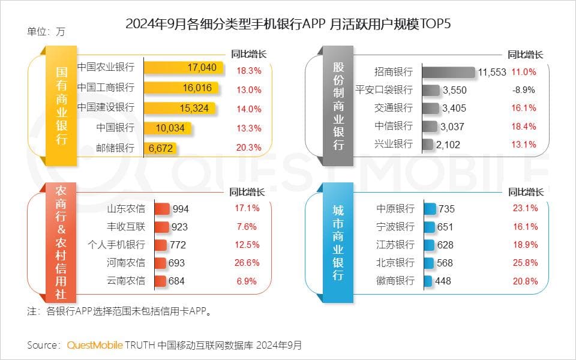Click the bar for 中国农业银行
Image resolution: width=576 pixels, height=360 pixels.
pos(183,68)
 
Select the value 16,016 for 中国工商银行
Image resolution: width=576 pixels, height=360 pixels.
pos(197,88)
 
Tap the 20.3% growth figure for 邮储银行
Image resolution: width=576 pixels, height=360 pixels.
pos(249,148)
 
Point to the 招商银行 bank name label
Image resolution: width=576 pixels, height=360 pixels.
pos(394,72)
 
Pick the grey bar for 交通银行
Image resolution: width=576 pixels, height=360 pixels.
pos(430,109)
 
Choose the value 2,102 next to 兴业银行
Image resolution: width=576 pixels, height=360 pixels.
pos(448,145)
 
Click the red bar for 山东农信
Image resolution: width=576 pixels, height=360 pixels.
pos(162,209)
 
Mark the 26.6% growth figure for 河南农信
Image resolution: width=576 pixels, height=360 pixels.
pos(247,263)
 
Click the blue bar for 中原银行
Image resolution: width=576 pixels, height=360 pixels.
pos(430,209)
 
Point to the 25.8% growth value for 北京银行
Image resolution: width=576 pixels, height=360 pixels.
pos(526,263)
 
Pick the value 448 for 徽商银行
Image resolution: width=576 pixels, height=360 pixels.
pos(443,281)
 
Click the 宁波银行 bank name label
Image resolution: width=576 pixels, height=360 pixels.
pos(395,227)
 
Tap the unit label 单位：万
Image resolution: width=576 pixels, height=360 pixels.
pos(46,32)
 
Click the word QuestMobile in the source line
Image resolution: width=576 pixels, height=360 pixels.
pos(95,345)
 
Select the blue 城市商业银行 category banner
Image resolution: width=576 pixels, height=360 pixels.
pos(338,243)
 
